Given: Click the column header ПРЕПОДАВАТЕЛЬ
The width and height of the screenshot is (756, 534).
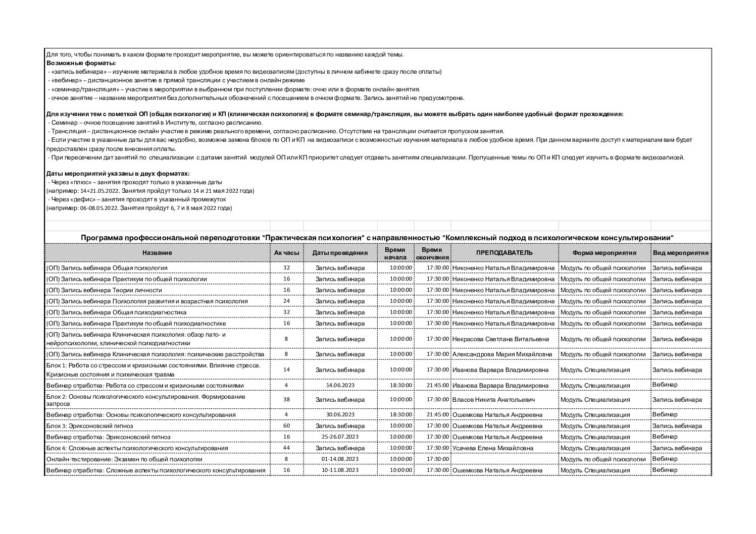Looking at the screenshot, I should tap(504, 253).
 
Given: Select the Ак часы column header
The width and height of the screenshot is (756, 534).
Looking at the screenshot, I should tap(286, 253).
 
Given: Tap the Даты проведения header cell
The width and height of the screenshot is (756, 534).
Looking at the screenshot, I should tap(340, 253).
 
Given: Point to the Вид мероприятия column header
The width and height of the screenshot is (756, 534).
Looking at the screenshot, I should tap(681, 253).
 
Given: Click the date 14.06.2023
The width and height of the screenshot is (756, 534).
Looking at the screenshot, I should tap(340, 386).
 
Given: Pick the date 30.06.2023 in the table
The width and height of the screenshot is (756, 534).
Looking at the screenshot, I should tap(340, 415).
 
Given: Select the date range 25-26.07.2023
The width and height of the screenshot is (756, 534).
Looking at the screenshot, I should tap(340, 437).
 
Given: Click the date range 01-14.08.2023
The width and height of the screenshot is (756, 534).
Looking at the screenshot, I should tap(340, 459).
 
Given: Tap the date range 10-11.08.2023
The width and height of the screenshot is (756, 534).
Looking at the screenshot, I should tap(340, 470).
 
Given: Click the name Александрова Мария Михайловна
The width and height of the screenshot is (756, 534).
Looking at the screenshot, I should tap(502, 354).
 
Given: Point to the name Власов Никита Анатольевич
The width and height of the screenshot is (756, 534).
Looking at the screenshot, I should tap(493, 400).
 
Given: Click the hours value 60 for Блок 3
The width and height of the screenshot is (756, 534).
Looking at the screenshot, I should tap(286, 426).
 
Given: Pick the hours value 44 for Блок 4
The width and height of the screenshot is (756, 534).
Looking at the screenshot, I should tap(286, 448).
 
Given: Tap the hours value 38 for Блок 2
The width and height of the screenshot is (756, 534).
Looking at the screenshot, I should tap(286, 400).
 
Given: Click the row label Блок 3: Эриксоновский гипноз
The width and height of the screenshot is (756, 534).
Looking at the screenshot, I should tap(89, 426).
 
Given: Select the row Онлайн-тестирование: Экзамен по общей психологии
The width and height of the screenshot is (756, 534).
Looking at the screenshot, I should tap(124, 459).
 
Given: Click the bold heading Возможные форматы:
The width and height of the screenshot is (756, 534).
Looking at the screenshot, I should tap(81, 63).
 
